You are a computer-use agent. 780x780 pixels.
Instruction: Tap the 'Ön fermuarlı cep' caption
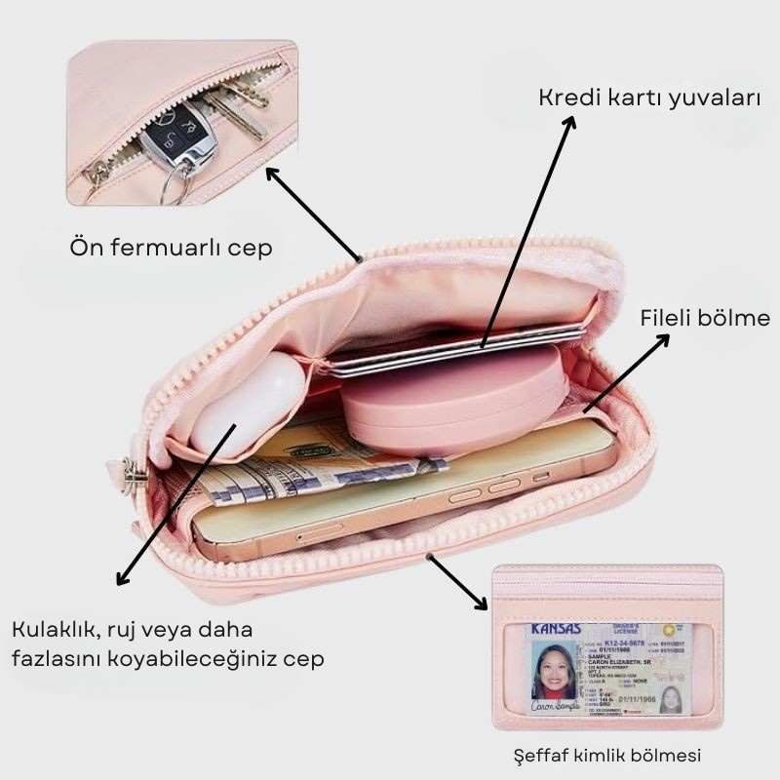[171, 248]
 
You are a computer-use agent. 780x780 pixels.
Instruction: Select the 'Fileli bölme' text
[704, 319]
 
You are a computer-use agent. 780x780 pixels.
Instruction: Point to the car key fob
[176, 136]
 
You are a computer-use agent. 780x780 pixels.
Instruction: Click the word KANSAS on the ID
[556, 630]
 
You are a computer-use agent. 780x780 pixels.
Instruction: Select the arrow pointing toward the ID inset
[458, 582]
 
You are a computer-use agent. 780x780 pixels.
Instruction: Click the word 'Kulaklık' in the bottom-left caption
[55, 629]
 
